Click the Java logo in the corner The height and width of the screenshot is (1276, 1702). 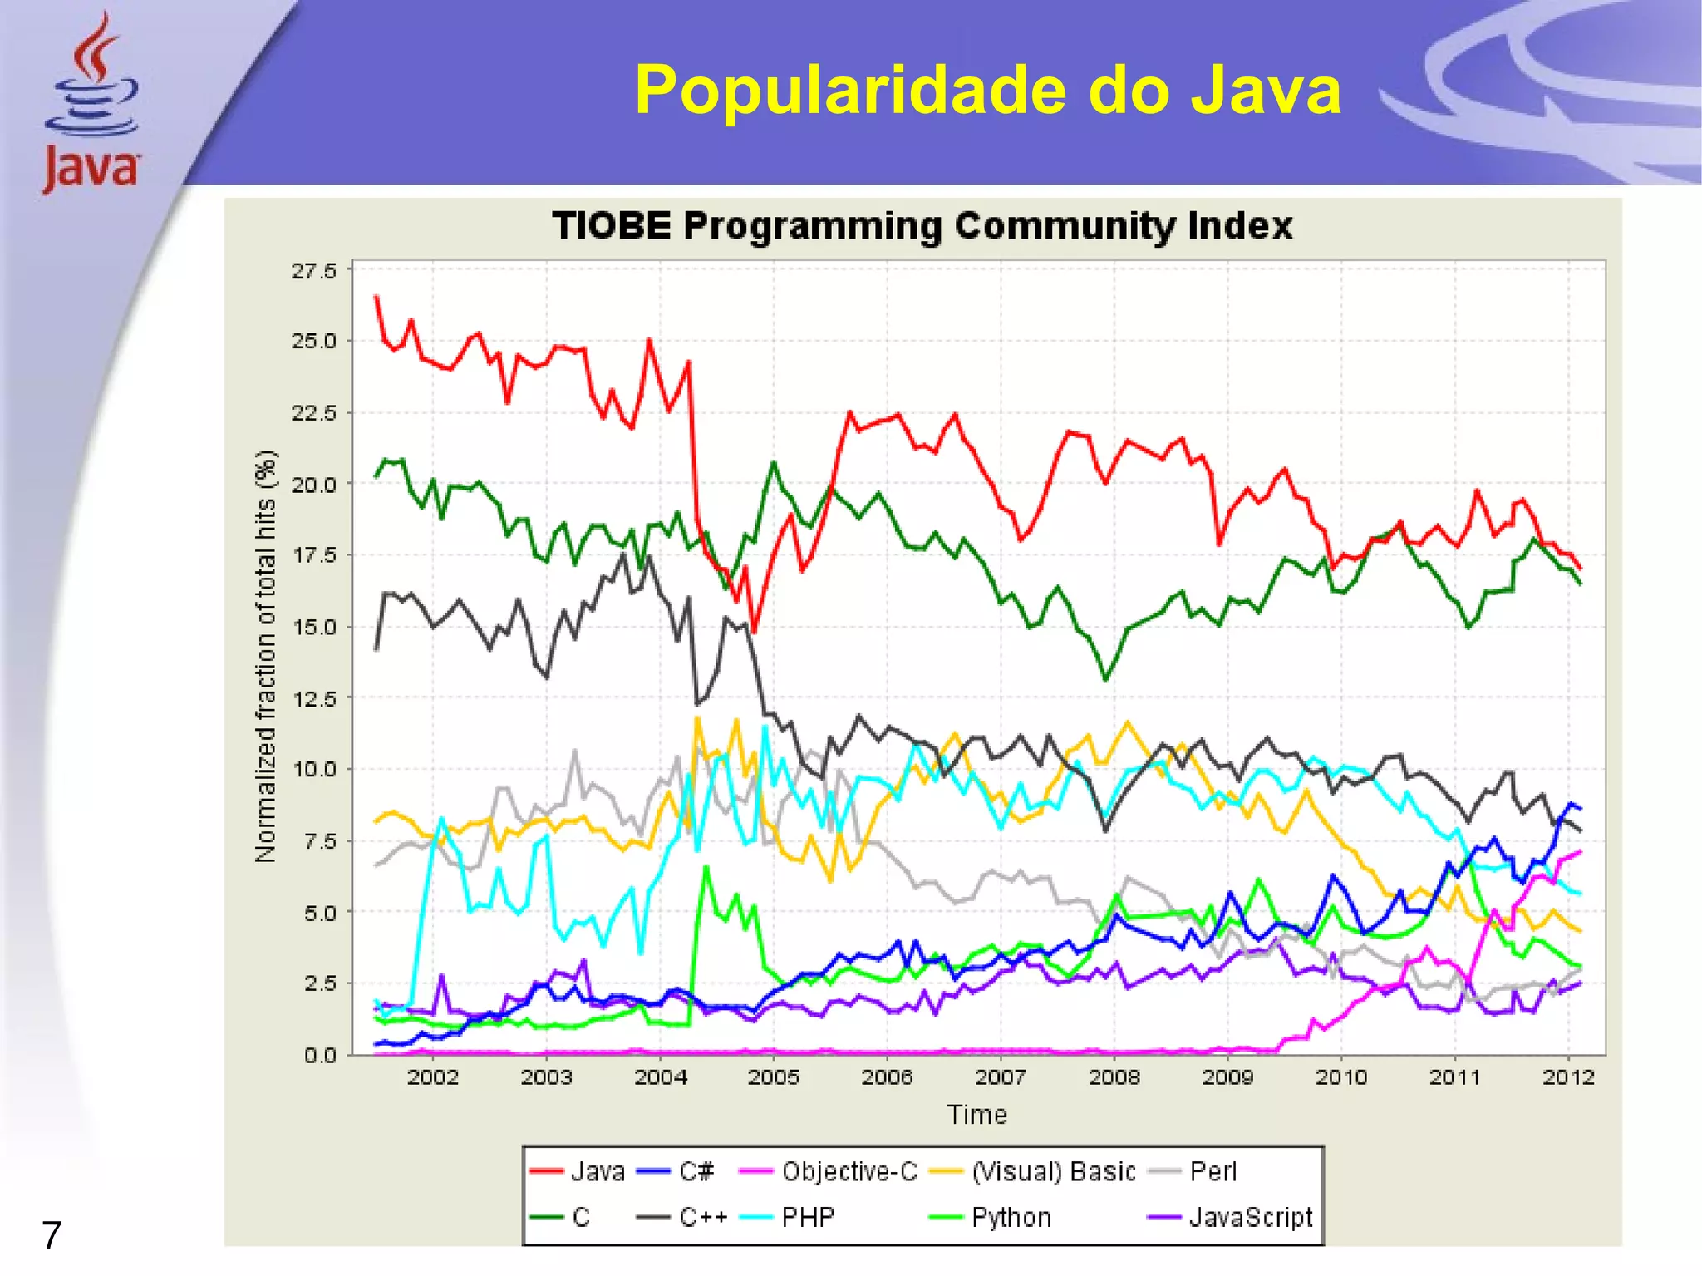pos(91,104)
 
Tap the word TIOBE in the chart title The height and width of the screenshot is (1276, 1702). pos(612,226)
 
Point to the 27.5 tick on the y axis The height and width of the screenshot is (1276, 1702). pos(313,271)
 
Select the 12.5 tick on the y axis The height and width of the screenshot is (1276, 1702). pos(313,698)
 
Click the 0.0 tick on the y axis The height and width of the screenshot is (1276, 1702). pos(320,1056)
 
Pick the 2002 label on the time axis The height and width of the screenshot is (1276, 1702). pos(433,1077)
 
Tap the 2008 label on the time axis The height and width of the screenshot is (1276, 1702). pos(1114,1077)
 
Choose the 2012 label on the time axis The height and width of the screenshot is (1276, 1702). pos(1568,1077)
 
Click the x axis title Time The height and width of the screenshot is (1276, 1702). pos(977,1115)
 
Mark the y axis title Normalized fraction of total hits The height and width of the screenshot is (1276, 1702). pos(265,657)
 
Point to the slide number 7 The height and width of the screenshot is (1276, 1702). pos(52,1236)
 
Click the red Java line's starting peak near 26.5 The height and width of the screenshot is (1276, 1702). pos(376,297)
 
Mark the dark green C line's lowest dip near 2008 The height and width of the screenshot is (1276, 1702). pos(1105,680)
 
